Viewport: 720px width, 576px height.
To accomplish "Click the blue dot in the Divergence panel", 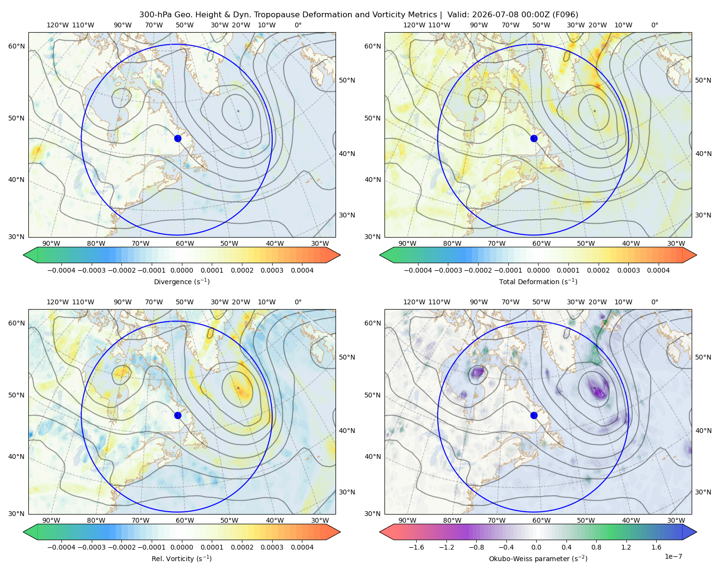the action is click(178, 138).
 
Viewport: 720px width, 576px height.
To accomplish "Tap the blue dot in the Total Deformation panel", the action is click(534, 138).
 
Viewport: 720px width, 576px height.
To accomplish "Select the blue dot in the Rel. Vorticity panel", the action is click(178, 415).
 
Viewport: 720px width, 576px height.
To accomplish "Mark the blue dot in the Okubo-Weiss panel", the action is click(534, 415).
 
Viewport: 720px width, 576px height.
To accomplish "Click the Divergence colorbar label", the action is click(181, 281).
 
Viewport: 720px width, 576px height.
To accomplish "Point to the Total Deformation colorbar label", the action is click(538, 281).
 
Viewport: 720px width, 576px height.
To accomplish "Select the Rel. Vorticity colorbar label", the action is click(181, 558).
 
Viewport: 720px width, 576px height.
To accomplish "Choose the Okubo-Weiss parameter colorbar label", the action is click(538, 558).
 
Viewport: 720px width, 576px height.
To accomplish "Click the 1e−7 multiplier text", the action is click(673, 556).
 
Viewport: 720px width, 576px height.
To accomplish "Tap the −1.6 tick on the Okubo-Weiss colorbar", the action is click(417, 547).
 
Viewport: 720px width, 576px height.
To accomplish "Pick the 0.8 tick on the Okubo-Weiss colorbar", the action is click(596, 547).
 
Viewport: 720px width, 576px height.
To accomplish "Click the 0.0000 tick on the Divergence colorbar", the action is click(181, 270).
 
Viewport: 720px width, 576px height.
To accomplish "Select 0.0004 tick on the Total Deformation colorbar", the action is click(658, 270).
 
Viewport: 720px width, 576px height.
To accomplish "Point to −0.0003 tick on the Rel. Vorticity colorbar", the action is click(91, 547).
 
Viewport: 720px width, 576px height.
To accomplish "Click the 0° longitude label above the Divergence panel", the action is click(298, 25).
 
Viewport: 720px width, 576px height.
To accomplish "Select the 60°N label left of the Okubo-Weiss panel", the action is click(372, 323).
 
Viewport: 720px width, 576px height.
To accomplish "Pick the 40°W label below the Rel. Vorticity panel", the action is click(275, 520).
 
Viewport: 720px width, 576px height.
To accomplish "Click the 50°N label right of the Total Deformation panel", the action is click(703, 80).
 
